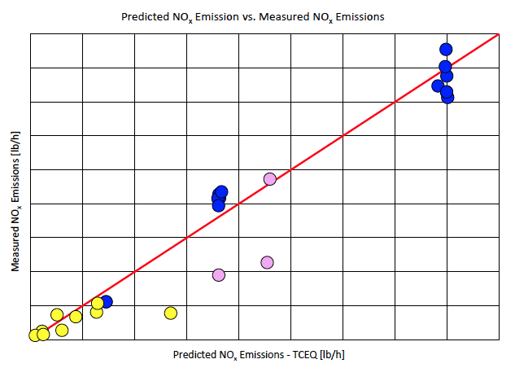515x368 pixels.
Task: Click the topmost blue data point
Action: coord(446,50)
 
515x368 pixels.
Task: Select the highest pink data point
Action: coord(270,179)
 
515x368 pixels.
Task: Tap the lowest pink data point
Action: coord(219,275)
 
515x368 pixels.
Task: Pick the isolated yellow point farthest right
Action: coord(171,313)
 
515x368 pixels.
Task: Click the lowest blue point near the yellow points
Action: coord(107,302)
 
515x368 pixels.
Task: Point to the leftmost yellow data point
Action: coord(35,335)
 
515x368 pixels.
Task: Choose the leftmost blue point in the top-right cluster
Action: coord(438,85)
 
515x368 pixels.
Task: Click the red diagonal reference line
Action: coord(342,134)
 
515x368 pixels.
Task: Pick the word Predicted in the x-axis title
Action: coord(194,355)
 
